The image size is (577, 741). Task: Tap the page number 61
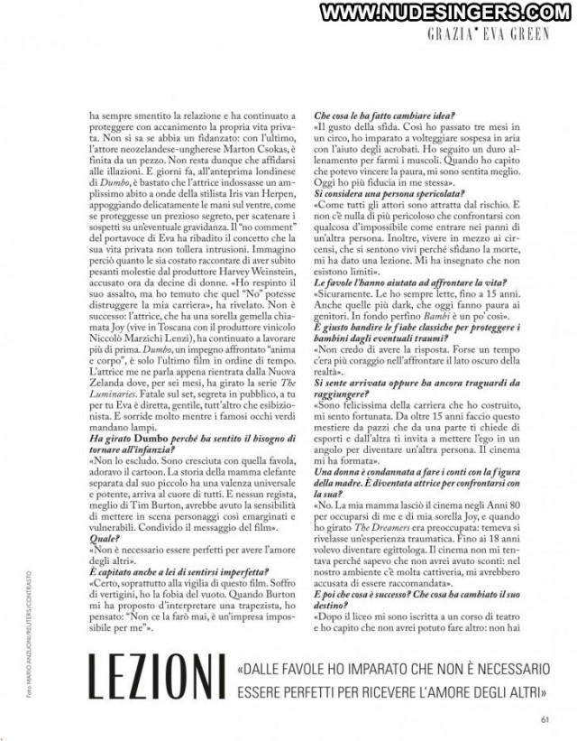[x=545, y=719]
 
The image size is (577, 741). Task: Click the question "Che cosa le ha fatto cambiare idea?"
[x=384, y=116]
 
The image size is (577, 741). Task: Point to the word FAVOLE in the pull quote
[x=331, y=670]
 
